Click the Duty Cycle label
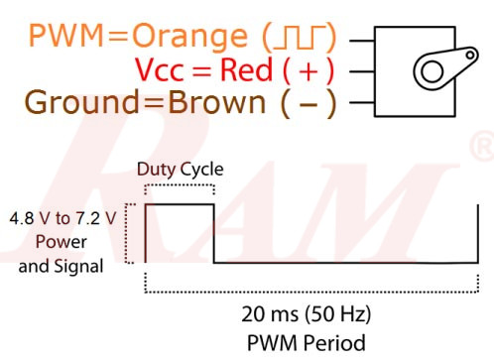click(180, 168)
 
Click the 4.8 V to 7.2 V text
click(62, 217)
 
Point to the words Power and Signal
click(62, 252)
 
